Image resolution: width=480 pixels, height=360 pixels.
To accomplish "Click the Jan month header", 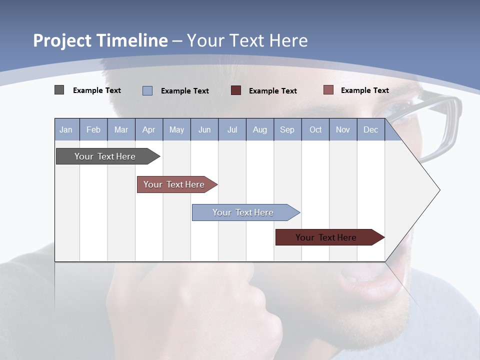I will tap(66, 129).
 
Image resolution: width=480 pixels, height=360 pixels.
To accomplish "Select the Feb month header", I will tap(93, 129).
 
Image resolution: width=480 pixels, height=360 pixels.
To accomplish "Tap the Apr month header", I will tap(148, 129).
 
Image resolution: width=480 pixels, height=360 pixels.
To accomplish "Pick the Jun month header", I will tap(204, 129).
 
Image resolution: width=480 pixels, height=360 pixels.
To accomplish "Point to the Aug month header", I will tap(260, 129).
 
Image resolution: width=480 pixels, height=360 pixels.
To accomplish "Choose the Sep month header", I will tap(287, 129).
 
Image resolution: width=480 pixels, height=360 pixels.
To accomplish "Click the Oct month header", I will tap(315, 129).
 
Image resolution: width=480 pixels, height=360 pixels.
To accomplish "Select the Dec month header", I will tap(370, 129).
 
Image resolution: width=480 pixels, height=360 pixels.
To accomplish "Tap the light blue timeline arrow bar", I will tap(243, 212).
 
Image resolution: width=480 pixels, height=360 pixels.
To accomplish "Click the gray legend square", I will tap(59, 90).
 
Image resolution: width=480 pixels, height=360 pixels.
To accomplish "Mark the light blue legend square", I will tap(147, 90).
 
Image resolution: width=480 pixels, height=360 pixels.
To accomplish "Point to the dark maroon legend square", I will tap(236, 90).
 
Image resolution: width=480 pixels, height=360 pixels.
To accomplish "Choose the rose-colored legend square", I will tap(328, 90).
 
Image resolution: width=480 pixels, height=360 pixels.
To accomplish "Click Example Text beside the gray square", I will tap(97, 90).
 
